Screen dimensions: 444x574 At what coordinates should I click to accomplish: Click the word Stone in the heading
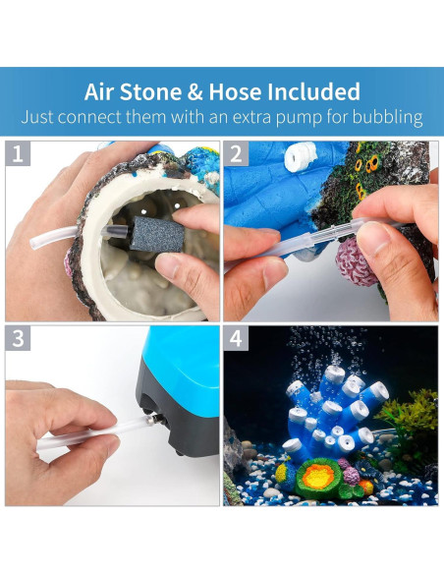click(x=150, y=91)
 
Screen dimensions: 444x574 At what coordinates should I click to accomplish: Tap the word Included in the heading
click(x=313, y=91)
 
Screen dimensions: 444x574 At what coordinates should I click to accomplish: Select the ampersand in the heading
click(x=194, y=91)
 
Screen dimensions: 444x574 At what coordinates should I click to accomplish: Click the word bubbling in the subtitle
click(x=387, y=117)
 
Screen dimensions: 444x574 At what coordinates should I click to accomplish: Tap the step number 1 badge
click(x=18, y=153)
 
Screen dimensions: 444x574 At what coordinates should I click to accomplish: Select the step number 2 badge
click(x=236, y=153)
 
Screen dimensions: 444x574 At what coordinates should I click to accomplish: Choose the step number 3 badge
click(x=18, y=338)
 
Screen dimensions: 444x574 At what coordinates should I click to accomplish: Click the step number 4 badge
click(x=236, y=338)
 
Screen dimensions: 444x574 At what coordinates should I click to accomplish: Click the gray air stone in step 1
click(x=157, y=234)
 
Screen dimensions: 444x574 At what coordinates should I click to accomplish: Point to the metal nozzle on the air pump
click(x=150, y=420)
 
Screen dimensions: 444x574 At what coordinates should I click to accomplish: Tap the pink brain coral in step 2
click(x=356, y=261)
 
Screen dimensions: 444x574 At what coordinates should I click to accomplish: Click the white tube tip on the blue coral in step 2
click(x=301, y=154)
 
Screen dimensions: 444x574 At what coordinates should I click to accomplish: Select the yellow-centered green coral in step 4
click(x=320, y=478)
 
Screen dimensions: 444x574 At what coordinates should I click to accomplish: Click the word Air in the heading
click(x=98, y=91)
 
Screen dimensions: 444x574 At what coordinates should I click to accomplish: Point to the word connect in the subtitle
click(x=89, y=117)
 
